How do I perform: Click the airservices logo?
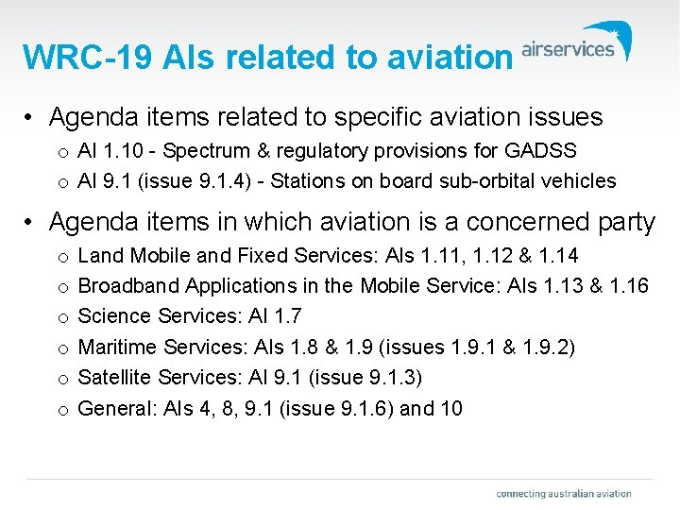coord(576,46)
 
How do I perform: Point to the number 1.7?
coord(283,316)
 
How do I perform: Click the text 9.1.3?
coord(389,378)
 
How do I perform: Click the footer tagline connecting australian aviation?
coord(564,493)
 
